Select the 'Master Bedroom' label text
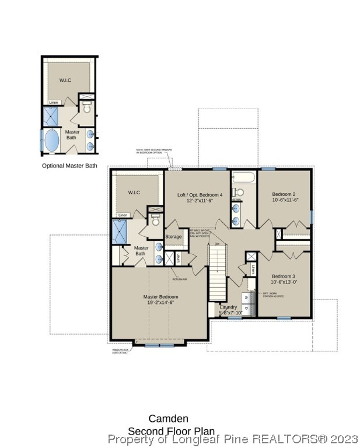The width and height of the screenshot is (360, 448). [x=160, y=297]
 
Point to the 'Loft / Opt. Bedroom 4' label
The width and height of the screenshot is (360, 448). [x=200, y=194]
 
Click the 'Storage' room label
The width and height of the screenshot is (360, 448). [x=173, y=236]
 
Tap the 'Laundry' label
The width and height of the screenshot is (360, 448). [x=228, y=307]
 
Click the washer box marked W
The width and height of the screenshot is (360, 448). [x=246, y=298]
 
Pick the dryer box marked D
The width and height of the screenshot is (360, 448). [x=246, y=308]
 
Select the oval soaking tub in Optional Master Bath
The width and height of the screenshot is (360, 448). [x=52, y=141]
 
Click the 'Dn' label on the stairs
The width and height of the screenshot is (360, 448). [x=217, y=244]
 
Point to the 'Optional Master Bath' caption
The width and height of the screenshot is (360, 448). [x=69, y=166]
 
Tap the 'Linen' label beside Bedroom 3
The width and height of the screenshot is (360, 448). [x=253, y=269]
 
